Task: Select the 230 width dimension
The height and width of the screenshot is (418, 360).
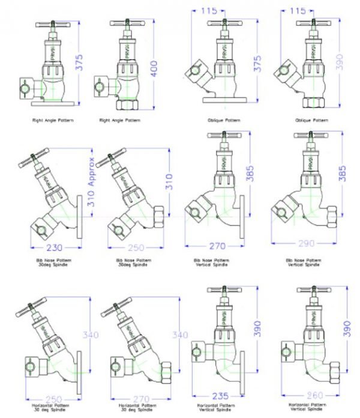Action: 53,247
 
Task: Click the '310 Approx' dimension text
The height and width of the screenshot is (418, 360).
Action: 91,182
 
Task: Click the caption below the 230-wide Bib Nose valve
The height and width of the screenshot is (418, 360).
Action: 53,262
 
